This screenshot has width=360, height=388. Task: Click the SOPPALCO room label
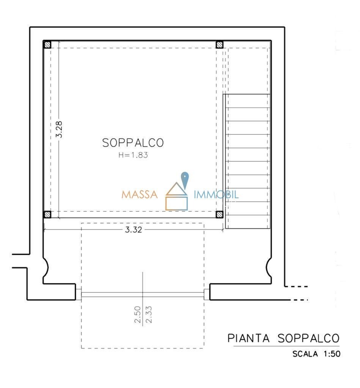pos(133,143)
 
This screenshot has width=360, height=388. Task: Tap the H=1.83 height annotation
pos(133,155)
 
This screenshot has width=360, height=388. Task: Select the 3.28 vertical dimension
pos(59,129)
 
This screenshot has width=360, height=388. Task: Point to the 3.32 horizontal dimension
pos(133,230)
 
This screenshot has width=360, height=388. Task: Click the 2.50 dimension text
pos(137,314)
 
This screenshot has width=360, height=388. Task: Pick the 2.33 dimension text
pos(148,314)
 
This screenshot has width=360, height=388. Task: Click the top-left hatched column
pos(47,45)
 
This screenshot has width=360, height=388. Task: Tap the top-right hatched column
pos(219,45)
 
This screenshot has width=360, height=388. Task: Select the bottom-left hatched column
pos(47,214)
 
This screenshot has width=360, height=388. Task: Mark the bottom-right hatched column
pos(219,214)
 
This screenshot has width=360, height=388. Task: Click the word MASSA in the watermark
pos(139,195)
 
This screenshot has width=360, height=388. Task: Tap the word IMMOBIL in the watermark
pos(216,195)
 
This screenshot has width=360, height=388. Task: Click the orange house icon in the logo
pos(176,197)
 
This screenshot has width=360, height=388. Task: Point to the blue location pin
pos(185,179)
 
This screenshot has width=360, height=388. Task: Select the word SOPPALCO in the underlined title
pos(308,338)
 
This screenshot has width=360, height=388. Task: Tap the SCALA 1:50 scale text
pos(316,355)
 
